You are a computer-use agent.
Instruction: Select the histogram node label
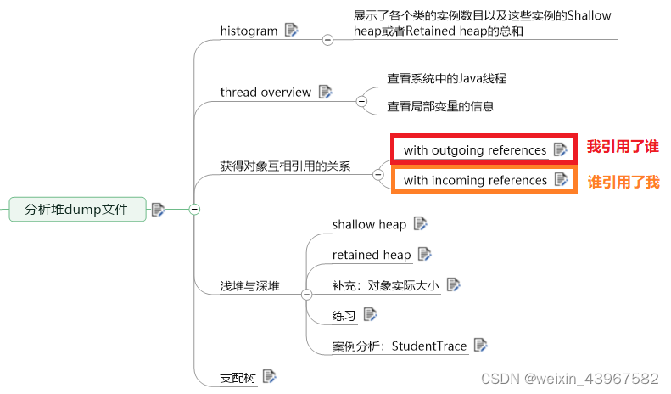tap(249, 31)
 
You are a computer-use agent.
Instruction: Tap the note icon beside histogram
tap(292, 30)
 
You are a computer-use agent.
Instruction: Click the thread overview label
tap(266, 92)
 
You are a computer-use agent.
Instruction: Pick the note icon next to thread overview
tap(326, 92)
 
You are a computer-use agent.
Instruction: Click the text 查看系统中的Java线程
tap(447, 78)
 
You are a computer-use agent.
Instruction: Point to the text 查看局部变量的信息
tap(441, 107)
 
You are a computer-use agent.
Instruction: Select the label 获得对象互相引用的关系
tap(285, 166)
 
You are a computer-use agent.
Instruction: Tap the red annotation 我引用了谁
tap(623, 147)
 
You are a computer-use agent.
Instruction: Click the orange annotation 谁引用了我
tap(623, 182)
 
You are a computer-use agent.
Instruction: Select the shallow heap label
tap(369, 224)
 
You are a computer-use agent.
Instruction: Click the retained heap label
tap(372, 255)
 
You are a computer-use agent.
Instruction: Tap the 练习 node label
tap(344, 316)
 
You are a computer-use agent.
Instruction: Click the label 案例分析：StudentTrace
tap(400, 346)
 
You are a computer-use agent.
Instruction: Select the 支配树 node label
tap(238, 377)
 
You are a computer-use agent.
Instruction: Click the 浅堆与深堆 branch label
tap(249, 286)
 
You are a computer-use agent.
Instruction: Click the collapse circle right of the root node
tap(194, 209)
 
